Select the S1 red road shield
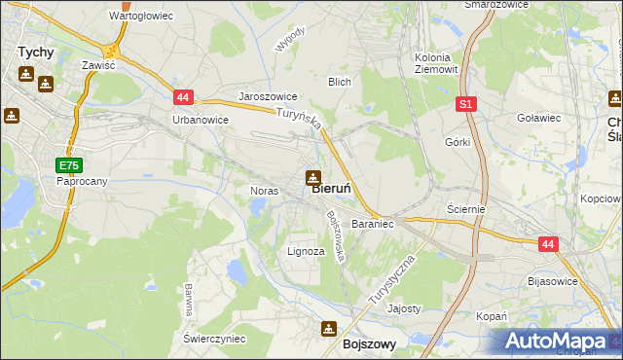(466, 104)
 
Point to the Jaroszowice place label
(268, 98)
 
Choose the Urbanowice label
(200, 120)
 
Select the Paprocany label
(81, 181)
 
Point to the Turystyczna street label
(393, 281)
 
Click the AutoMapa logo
(554, 342)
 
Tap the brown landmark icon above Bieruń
(313, 177)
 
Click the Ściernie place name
(465, 209)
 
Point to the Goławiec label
(538, 117)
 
